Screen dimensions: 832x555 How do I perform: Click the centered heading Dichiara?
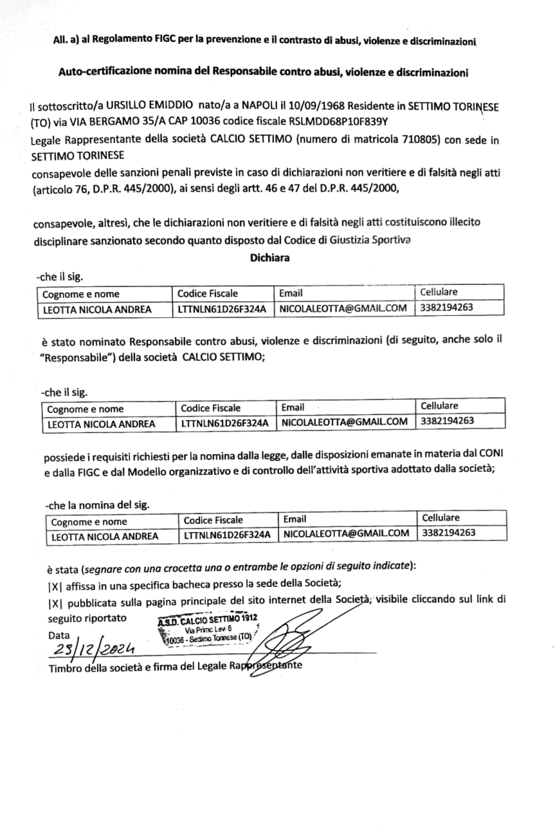271,257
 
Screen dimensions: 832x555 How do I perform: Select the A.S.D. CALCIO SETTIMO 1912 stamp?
206,626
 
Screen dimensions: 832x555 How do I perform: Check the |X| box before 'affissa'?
54,583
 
